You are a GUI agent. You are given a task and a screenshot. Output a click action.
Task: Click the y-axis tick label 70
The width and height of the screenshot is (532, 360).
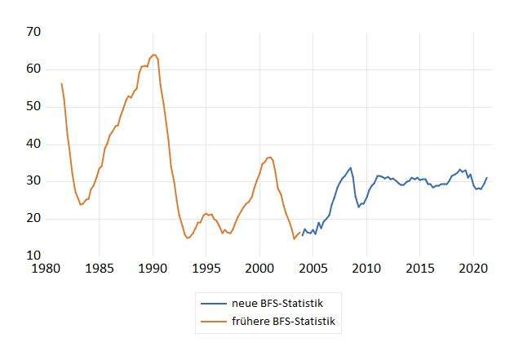(34, 32)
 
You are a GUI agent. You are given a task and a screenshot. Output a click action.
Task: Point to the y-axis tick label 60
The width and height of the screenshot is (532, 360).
(34, 69)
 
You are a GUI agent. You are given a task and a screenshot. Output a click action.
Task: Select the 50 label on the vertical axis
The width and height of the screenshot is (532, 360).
(34, 106)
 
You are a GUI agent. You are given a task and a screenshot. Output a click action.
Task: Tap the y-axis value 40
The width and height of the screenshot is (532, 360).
(34, 144)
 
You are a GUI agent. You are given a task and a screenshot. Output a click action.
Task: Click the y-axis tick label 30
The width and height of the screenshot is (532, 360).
(34, 181)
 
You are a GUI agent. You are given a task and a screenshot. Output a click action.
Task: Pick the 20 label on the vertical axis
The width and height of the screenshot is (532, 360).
(34, 218)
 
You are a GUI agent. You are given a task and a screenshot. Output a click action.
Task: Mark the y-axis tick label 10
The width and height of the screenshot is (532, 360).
(34, 256)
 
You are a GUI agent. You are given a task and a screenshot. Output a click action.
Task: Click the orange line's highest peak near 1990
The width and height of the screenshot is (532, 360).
(153, 55)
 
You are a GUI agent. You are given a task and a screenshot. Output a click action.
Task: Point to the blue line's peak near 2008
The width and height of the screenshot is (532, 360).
(351, 167)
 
